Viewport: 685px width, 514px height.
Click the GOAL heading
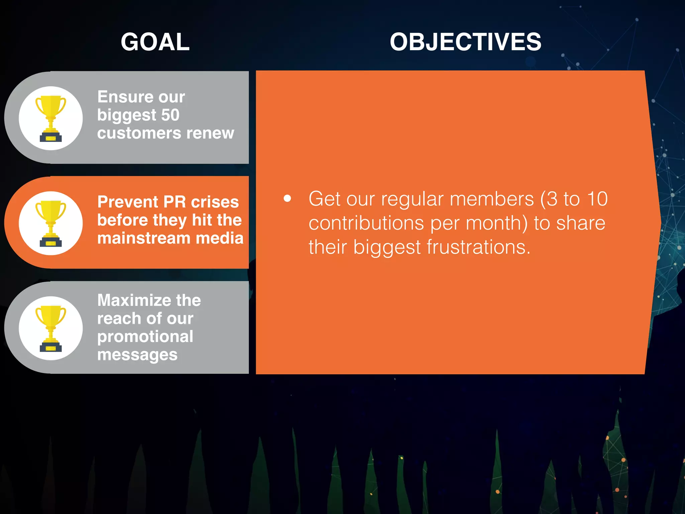click(155, 42)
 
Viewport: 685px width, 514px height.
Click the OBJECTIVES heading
click(465, 42)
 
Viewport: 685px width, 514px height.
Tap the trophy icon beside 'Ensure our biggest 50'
click(51, 118)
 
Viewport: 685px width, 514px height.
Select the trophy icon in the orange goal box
click(51, 223)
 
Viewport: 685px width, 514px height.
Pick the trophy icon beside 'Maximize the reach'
click(51, 328)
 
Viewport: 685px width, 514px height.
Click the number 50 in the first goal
click(170, 115)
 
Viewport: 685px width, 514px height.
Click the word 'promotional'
click(145, 337)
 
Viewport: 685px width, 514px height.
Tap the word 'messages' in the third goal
click(137, 355)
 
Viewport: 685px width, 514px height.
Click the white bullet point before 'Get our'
click(287, 198)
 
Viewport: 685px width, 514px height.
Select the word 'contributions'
click(366, 223)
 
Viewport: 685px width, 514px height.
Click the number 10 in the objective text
click(597, 199)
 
